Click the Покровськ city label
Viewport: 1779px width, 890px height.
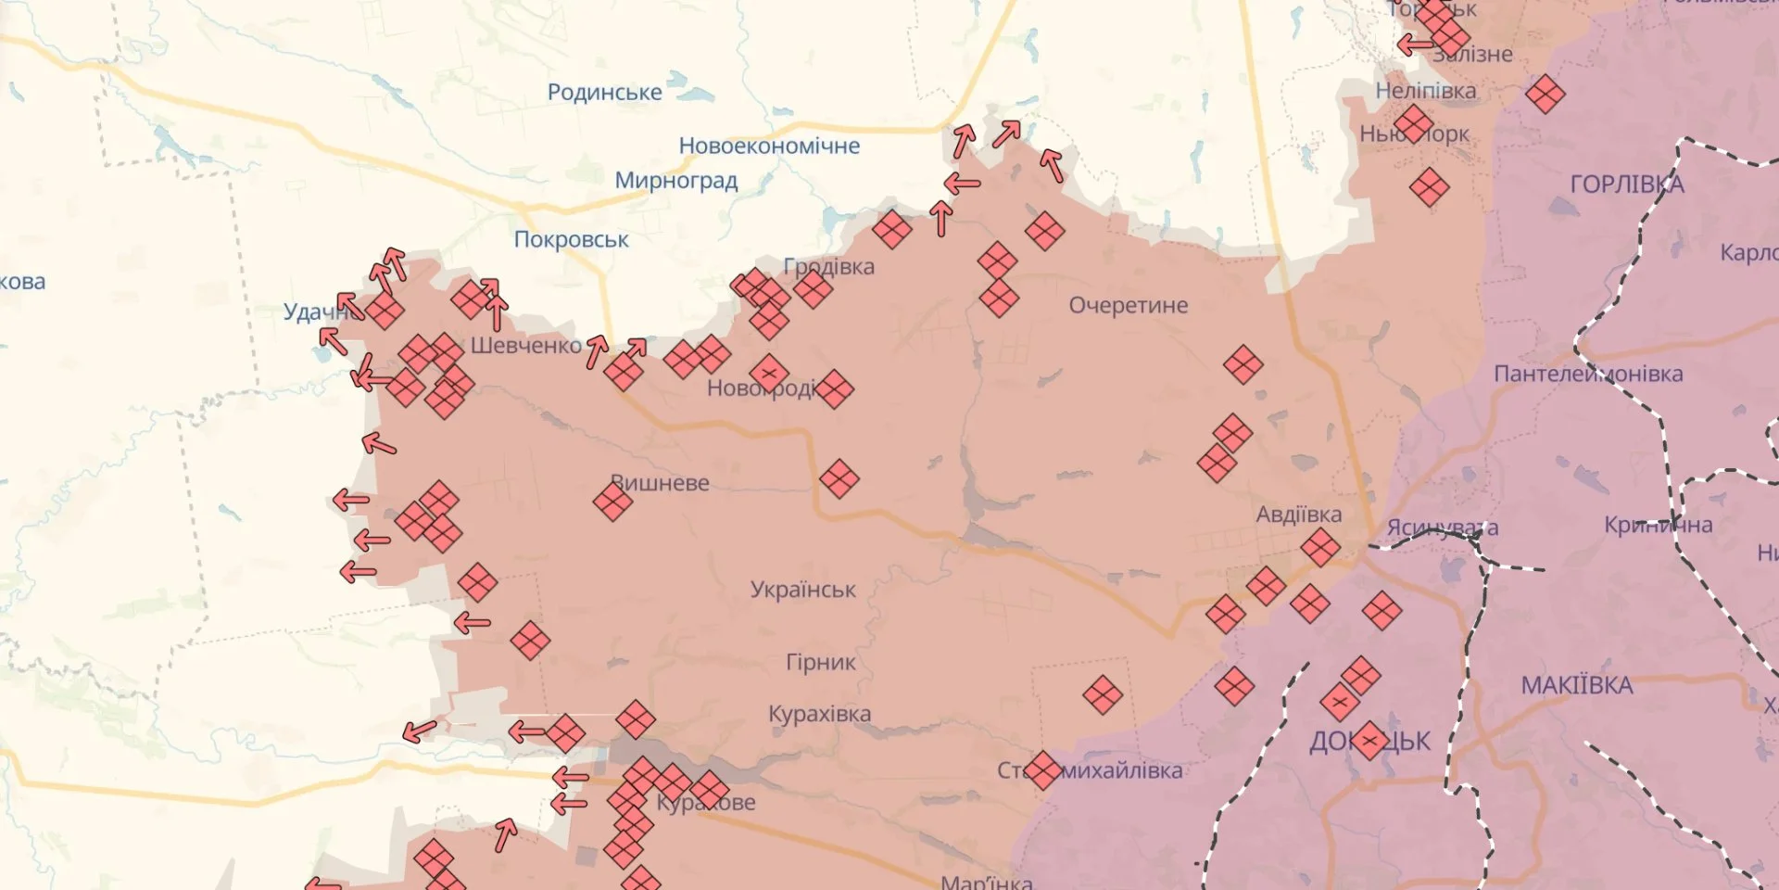point(571,239)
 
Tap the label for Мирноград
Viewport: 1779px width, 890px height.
point(676,180)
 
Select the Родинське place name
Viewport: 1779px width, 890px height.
point(604,92)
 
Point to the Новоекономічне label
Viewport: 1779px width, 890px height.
point(769,146)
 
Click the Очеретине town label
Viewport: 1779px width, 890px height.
point(1128,305)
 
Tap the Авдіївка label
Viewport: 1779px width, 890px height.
point(1298,515)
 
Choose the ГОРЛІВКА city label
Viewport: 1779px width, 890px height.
point(1627,184)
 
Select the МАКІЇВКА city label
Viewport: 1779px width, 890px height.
point(1576,685)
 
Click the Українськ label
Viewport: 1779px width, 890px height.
point(802,590)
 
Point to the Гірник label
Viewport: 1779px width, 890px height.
point(821,662)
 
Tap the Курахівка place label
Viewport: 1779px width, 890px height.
point(819,714)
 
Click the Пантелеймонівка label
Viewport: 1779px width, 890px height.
point(1588,374)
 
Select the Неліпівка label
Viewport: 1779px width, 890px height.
point(1425,91)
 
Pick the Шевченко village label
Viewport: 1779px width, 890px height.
point(525,346)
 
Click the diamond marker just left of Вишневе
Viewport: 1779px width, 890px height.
point(612,502)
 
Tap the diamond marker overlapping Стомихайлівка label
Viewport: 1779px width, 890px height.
point(1042,769)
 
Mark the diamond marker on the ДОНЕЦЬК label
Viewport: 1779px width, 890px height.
point(1369,741)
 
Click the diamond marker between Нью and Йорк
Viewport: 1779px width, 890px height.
point(1413,124)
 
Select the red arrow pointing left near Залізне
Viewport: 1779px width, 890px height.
point(1415,44)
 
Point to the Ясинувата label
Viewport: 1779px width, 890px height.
point(1442,528)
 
